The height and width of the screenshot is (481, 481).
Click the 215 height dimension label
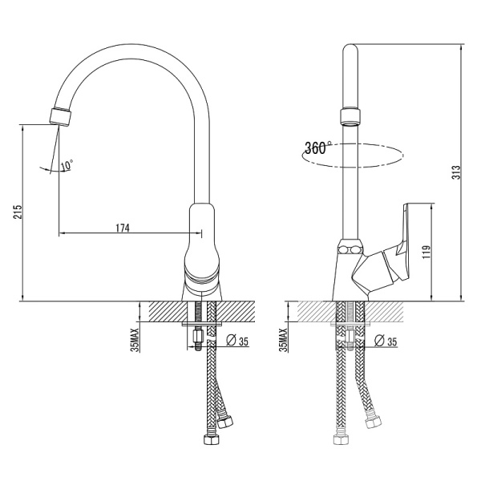[18, 212]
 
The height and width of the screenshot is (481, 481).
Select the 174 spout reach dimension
[123, 228]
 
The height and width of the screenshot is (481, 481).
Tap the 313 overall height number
[456, 172]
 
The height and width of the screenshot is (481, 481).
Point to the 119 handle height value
[426, 252]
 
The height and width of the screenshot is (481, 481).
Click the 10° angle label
[67, 165]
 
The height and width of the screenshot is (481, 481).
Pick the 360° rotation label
[317, 148]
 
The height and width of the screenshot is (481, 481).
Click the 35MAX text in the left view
[135, 340]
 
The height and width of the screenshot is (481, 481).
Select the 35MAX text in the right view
[284, 340]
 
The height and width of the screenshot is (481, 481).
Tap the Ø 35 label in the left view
[237, 341]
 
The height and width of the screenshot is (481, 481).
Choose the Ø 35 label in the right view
[386, 341]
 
